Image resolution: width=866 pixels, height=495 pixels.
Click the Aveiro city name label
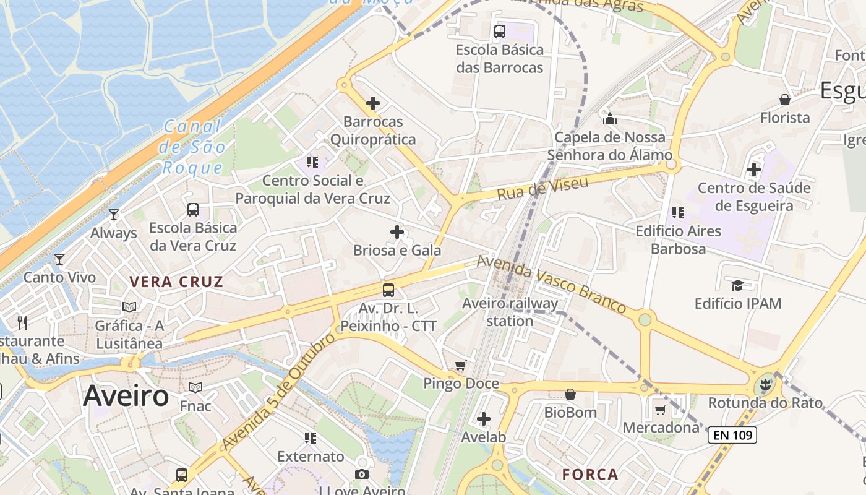click(x=126, y=396)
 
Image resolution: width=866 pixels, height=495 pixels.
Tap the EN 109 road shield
click(x=732, y=435)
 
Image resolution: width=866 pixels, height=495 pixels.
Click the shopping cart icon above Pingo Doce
click(x=460, y=366)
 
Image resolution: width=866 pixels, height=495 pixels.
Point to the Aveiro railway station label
click(x=510, y=312)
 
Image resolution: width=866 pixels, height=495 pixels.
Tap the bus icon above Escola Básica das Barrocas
click(x=500, y=32)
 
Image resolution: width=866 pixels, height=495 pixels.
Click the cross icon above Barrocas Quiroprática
click(x=373, y=103)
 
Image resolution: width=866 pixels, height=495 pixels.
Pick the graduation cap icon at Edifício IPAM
click(x=737, y=285)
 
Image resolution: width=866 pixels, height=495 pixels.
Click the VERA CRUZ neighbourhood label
click(x=176, y=282)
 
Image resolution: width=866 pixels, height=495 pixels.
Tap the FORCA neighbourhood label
click(x=590, y=475)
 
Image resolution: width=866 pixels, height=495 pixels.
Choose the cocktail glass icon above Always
click(x=113, y=215)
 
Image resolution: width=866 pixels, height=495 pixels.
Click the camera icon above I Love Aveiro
click(x=362, y=474)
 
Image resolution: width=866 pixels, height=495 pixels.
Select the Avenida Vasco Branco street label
click(x=551, y=285)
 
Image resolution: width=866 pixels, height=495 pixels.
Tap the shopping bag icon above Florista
click(x=785, y=100)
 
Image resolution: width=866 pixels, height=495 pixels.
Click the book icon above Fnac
click(x=195, y=388)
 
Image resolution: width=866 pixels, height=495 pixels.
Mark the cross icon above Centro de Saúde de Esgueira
click(x=754, y=169)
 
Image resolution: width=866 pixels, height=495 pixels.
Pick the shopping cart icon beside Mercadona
click(x=661, y=410)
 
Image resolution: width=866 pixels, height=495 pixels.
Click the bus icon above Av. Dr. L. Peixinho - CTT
click(x=388, y=290)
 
